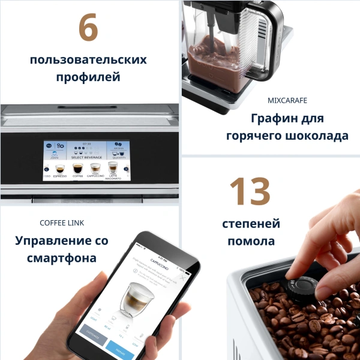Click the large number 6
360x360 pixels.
click(88, 28)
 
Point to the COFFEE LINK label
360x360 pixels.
click(62, 223)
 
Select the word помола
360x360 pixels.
click(251, 241)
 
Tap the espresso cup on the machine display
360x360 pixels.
click(59, 169)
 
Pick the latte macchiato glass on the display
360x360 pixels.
click(113, 167)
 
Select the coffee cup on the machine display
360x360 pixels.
click(77, 169)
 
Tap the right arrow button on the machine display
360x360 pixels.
click(126, 169)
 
